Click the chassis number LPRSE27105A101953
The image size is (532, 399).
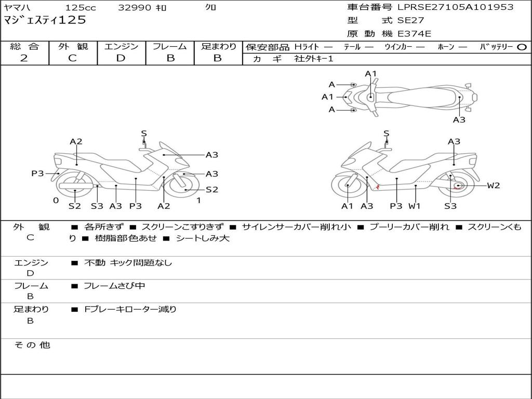(x=455, y=7)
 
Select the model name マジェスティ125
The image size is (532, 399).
(x=45, y=20)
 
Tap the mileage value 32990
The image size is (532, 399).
(x=135, y=8)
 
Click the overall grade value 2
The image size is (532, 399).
(x=24, y=58)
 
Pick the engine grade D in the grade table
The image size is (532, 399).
(x=121, y=58)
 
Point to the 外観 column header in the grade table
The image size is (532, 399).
(x=73, y=46)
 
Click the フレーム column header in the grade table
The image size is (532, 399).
(x=170, y=46)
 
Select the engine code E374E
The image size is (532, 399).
(x=414, y=34)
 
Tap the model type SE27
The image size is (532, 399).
(x=410, y=21)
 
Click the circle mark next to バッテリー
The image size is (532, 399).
(x=522, y=47)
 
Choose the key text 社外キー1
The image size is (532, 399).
(x=314, y=59)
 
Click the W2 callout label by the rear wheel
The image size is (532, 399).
(x=493, y=185)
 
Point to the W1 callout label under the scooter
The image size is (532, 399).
(x=414, y=206)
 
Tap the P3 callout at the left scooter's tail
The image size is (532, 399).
(x=37, y=174)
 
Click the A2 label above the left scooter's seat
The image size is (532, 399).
(x=76, y=141)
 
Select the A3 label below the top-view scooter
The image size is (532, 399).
(x=459, y=119)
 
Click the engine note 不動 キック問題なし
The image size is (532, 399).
(x=128, y=263)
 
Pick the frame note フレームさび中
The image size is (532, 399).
(x=114, y=286)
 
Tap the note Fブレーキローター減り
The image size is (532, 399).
(x=130, y=309)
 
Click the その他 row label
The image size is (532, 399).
(x=32, y=345)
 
